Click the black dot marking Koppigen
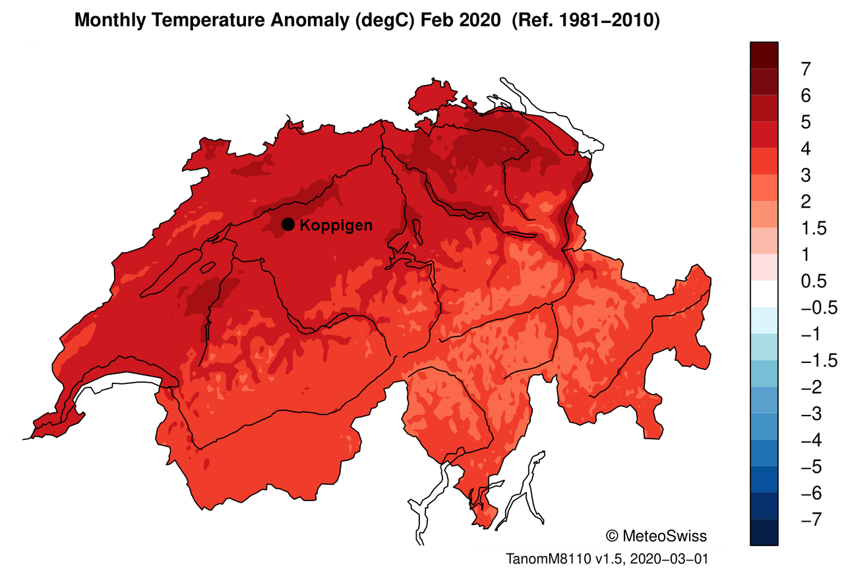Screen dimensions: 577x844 tap(287, 225)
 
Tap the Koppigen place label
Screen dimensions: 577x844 tap(336, 225)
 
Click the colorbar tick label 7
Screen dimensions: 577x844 tap(805, 69)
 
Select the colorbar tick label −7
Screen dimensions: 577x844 tap(810, 520)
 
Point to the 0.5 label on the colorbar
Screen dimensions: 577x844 tap(813, 281)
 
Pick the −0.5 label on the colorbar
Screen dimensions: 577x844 tap(818, 308)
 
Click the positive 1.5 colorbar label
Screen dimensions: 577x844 tap(813, 228)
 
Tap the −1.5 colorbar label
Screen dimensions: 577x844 tap(818, 361)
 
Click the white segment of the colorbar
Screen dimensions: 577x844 tap(764, 294)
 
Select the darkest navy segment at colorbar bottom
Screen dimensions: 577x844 tap(764, 532)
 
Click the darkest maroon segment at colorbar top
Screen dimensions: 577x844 tap(764, 55)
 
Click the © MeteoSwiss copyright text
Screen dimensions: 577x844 tap(655, 536)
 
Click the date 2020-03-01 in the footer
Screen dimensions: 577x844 tap(669, 559)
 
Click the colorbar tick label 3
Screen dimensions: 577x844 tap(805, 175)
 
